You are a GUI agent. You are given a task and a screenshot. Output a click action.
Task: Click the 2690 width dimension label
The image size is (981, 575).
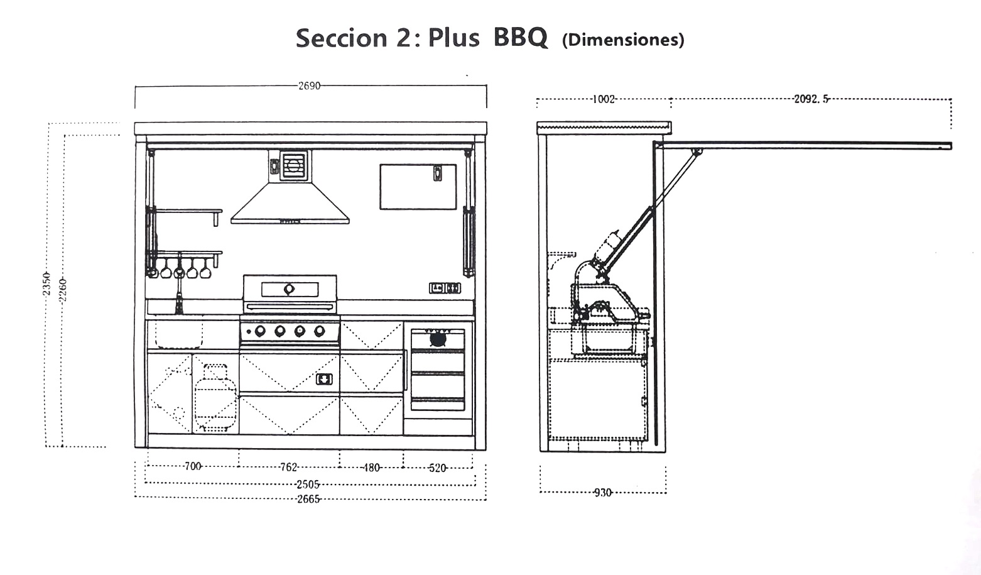309,86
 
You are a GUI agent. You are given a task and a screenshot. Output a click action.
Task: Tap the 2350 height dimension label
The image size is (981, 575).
47,283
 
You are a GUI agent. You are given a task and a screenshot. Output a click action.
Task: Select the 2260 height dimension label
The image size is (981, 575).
63,290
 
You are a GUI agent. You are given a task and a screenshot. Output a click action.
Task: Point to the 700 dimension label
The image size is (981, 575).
193,466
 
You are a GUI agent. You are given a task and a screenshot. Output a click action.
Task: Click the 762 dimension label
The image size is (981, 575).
289,467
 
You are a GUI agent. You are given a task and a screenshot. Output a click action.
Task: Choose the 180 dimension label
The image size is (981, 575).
371,468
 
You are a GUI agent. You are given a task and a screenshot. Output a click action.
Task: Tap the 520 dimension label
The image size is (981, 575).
438,468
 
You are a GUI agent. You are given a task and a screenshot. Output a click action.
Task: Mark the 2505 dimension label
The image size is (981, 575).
308,485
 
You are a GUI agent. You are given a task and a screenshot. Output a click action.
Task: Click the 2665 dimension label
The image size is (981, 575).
308,499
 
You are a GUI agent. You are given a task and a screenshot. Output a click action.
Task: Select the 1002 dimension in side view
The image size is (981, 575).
604,99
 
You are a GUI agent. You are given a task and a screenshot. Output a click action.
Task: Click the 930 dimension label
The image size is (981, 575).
603,493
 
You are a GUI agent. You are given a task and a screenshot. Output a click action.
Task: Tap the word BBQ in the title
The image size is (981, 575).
520,38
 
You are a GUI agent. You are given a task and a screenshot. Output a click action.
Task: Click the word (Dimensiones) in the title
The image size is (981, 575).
623,40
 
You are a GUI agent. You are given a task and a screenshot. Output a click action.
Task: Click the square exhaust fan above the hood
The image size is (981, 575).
293,165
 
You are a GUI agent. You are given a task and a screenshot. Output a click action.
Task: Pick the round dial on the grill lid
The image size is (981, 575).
289,289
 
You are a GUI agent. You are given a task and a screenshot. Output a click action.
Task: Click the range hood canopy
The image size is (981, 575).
290,203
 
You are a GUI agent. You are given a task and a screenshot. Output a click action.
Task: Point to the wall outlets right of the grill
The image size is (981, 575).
445,288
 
